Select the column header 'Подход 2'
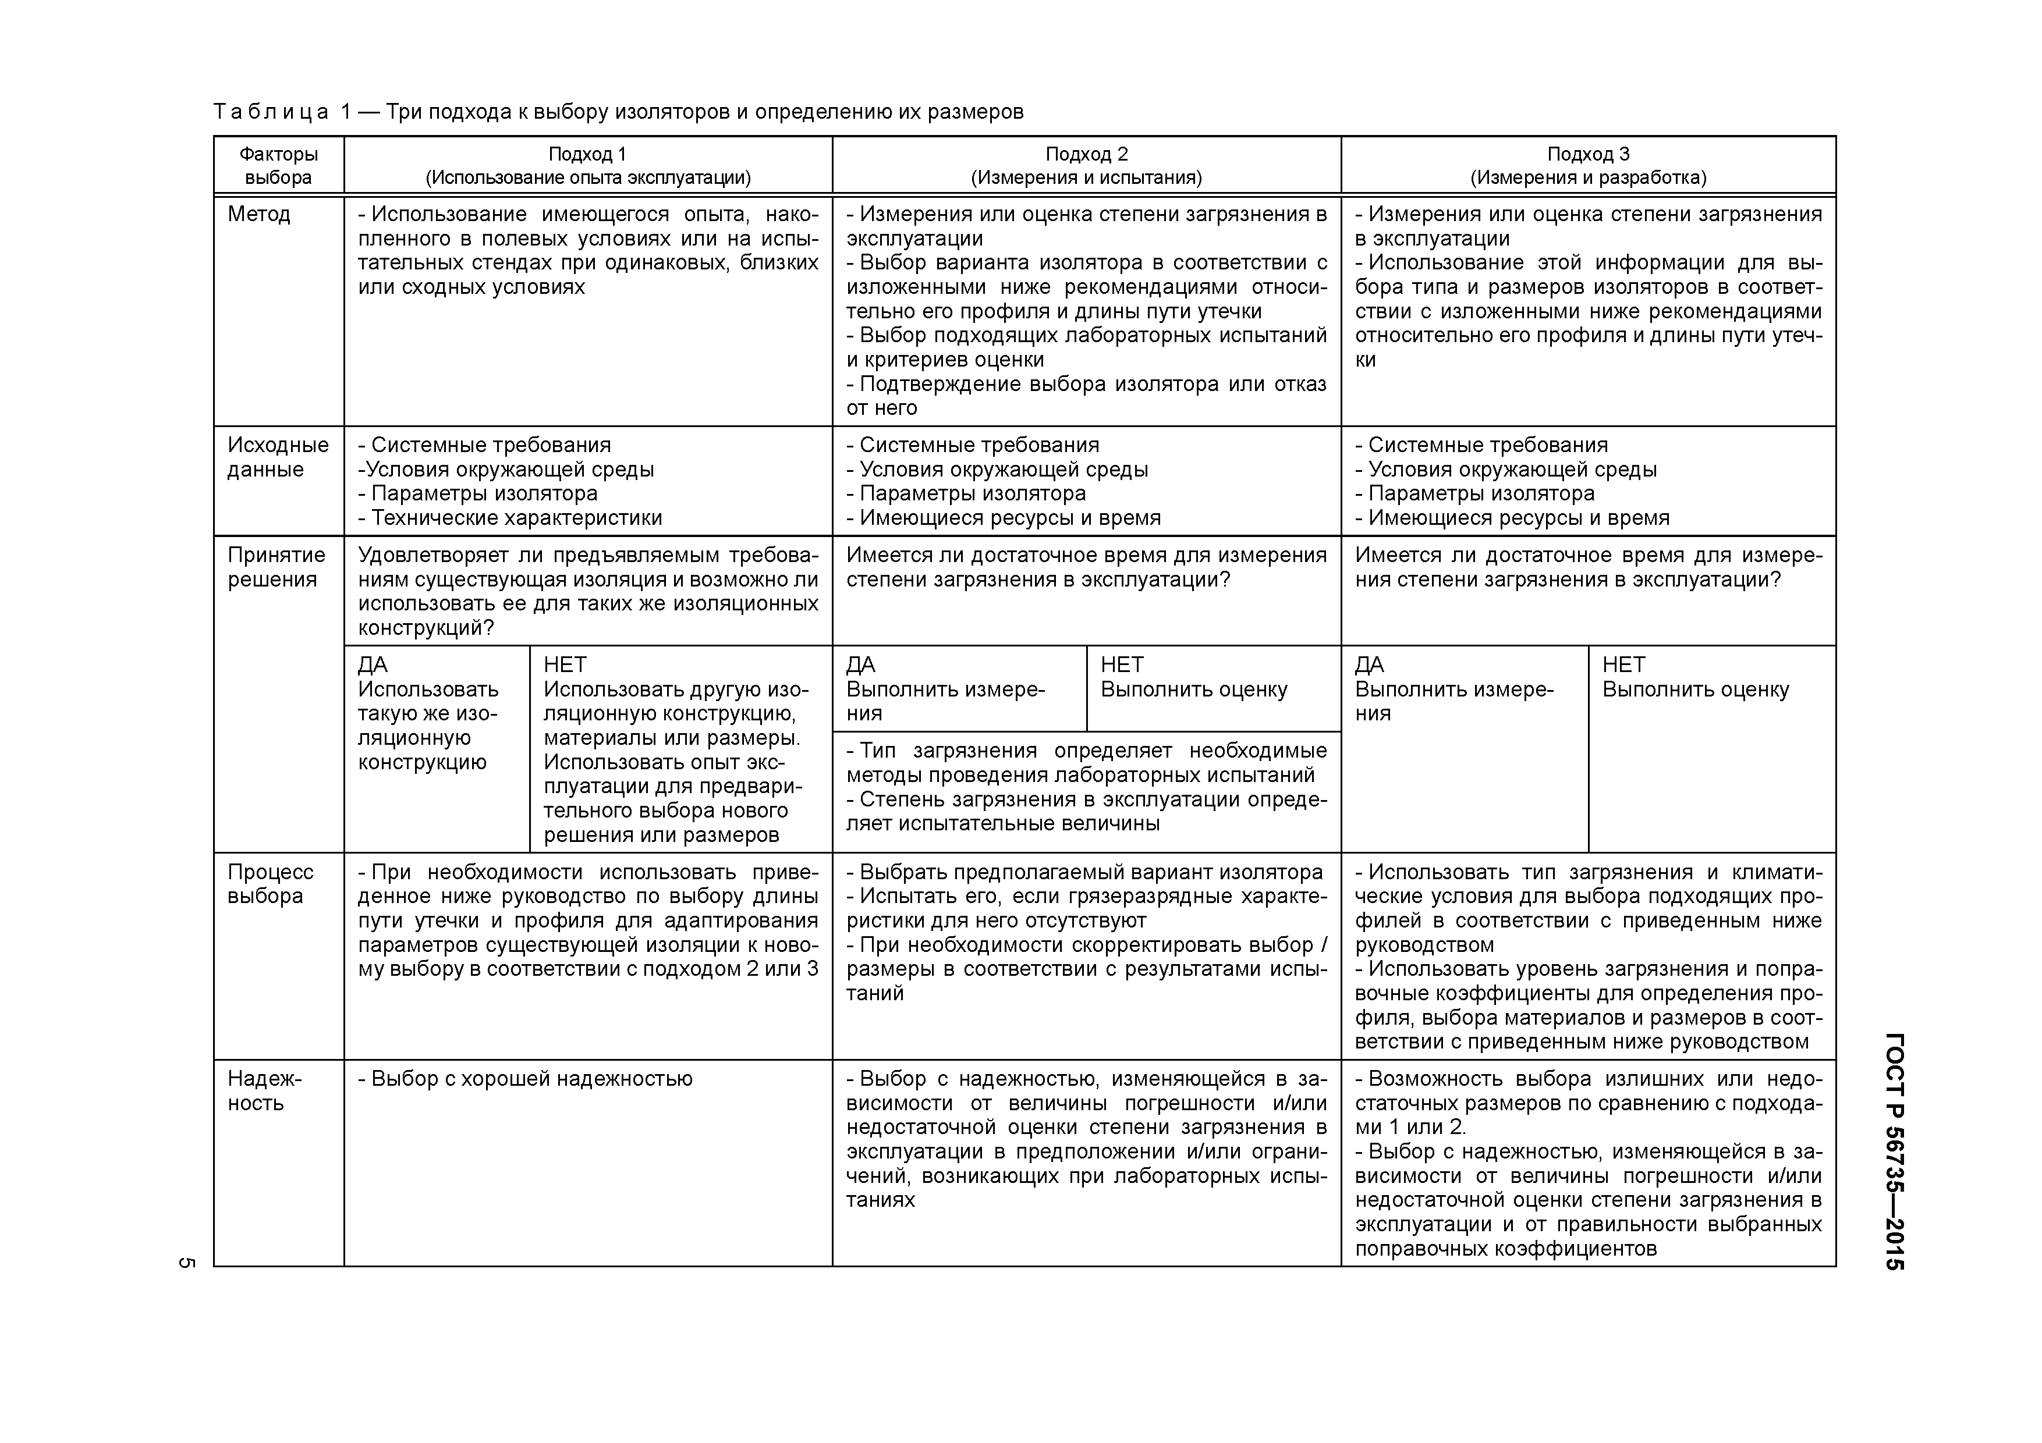coord(1086,154)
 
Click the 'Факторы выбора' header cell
coord(278,165)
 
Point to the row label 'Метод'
coord(259,214)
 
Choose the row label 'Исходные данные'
coord(278,457)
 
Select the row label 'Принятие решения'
coord(276,567)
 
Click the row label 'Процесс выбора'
coord(270,884)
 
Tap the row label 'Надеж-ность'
coord(265,1091)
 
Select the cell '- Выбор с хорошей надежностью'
coord(524,1079)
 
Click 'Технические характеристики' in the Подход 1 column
coord(516,518)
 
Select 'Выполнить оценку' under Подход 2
coord(1193,690)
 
